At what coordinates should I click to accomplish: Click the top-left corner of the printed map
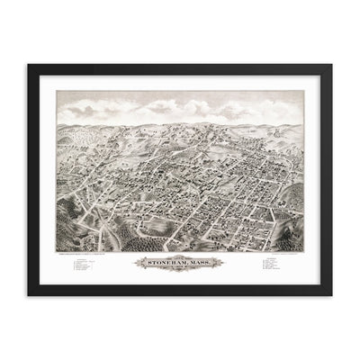[57, 91]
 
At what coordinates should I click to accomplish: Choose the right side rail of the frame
[329, 180]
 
